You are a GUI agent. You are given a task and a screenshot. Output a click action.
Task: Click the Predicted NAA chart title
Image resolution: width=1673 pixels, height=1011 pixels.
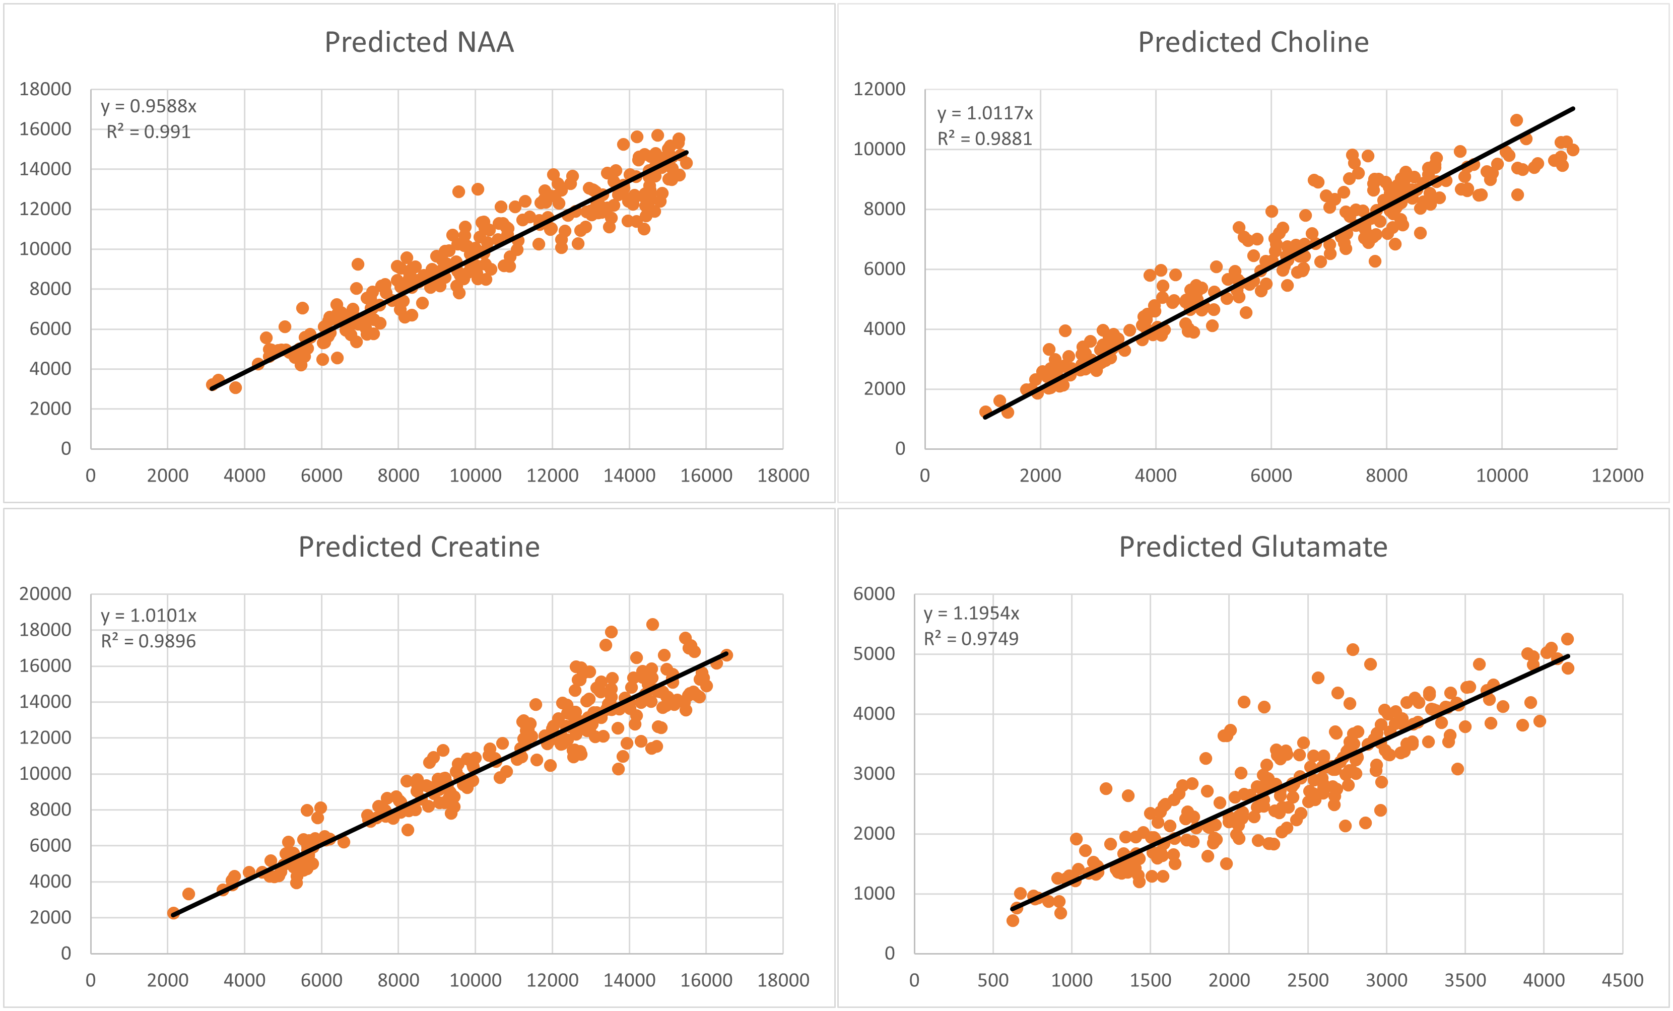click(x=419, y=42)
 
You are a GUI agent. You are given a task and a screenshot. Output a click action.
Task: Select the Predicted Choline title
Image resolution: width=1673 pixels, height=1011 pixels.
click(x=1253, y=42)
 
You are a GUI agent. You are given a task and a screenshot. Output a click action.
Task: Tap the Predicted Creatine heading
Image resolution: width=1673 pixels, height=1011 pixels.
click(x=419, y=547)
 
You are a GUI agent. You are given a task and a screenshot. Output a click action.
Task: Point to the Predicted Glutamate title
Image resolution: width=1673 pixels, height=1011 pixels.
click(x=1253, y=547)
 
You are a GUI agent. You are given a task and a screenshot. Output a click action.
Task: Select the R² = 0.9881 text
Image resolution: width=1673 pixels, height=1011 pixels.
click(x=984, y=139)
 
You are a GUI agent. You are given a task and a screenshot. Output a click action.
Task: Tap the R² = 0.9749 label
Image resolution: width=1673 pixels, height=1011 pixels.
click(x=971, y=639)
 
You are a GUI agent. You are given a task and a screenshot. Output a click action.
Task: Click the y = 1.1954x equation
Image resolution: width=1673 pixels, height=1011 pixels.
click(x=971, y=614)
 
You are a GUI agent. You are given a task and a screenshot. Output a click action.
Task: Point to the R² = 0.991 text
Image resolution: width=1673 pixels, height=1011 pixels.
click(x=149, y=131)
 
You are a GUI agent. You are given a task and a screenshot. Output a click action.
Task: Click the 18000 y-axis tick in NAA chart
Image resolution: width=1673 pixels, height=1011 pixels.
click(x=45, y=89)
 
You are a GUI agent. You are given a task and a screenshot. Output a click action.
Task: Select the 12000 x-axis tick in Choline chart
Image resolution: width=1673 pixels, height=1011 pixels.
click(x=1617, y=476)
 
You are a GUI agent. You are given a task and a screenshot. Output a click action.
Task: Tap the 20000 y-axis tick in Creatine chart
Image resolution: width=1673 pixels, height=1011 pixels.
click(x=45, y=594)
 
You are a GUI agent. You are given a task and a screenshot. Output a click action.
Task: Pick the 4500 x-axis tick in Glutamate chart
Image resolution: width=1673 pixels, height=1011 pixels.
click(x=1622, y=980)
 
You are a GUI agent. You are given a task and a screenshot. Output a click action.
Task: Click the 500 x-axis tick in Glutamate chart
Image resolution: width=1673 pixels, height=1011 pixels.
click(x=992, y=980)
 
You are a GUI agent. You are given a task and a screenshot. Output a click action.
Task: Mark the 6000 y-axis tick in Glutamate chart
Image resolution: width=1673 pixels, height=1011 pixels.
click(x=874, y=594)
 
